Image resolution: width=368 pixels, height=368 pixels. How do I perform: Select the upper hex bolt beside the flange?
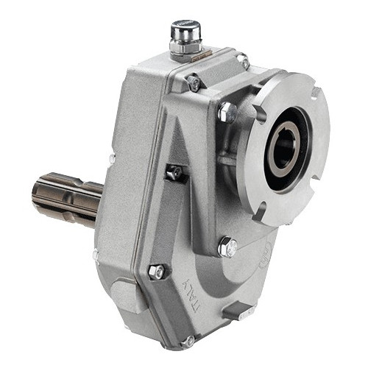(x=228, y=113)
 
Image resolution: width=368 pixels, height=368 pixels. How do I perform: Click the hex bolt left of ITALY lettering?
(x=156, y=272)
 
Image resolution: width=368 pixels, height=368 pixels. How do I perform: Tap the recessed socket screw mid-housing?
(x=174, y=172)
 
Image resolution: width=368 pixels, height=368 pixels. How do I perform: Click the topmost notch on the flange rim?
(x=315, y=93)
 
